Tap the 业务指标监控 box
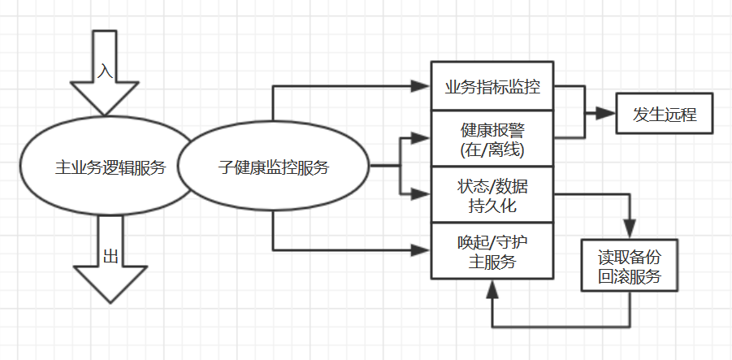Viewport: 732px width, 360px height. click(x=492, y=86)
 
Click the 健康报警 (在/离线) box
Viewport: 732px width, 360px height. click(x=492, y=139)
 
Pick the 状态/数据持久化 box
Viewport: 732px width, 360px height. click(x=492, y=194)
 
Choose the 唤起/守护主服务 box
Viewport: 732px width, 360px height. click(x=492, y=250)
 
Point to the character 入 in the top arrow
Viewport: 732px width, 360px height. click(x=104, y=71)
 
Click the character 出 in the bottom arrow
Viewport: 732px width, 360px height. click(x=110, y=258)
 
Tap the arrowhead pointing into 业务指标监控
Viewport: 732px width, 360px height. click(x=421, y=86)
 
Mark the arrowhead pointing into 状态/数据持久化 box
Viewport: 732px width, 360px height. click(x=421, y=193)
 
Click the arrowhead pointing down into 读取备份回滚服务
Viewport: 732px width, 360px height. click(x=630, y=230)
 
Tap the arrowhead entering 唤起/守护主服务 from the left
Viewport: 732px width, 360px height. click(x=421, y=249)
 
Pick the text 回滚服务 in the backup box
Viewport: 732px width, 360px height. click(x=630, y=276)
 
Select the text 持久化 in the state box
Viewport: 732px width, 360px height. click(x=492, y=205)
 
